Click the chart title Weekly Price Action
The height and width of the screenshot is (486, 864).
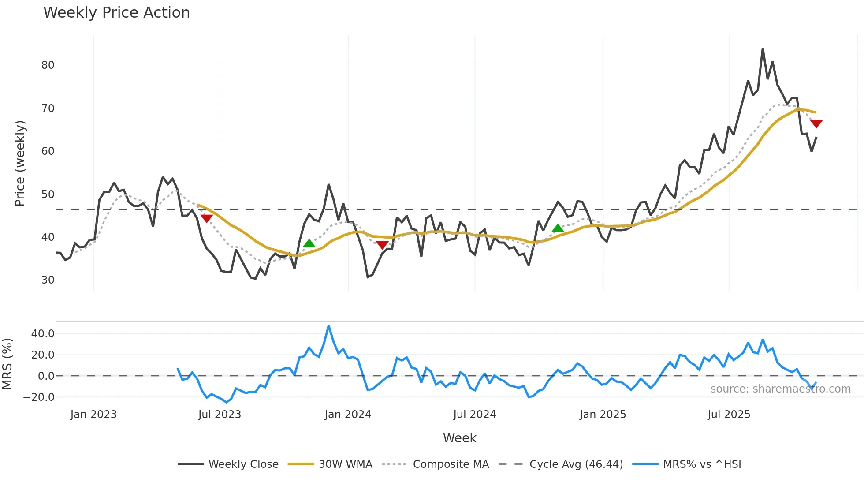pos(116,13)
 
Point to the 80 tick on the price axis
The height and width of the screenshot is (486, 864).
pos(48,65)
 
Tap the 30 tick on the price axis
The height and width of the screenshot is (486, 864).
pos(48,280)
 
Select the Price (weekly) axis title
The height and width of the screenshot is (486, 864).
pos(20,163)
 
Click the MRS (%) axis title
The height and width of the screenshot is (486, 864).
pos(7,364)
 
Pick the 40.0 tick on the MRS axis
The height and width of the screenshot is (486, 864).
pos(43,334)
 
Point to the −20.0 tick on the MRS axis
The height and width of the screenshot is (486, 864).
pos(39,397)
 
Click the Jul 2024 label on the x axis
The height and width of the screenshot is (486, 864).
pos(474,415)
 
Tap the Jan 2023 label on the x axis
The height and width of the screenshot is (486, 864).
pos(93,415)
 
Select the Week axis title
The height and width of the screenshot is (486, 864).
pos(459,438)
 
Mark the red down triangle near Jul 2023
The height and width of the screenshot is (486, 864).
pos(206,218)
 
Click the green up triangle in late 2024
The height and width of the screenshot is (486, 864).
pos(558,228)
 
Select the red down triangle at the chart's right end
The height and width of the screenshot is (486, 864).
pos(816,124)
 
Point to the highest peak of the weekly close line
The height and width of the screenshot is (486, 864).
pos(763,49)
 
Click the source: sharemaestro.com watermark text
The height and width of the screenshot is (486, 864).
pos(780,389)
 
